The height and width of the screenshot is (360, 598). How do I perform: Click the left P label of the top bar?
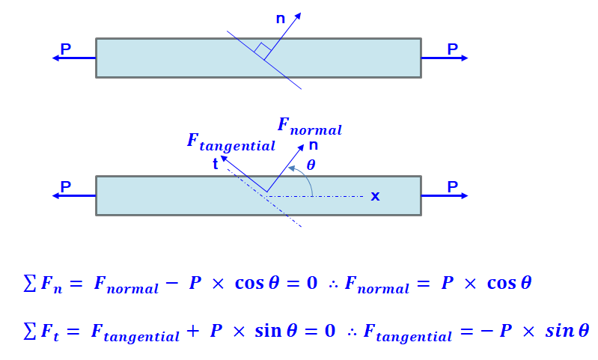66,49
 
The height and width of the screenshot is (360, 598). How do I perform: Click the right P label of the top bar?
452,49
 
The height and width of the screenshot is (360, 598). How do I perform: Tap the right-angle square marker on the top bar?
261,51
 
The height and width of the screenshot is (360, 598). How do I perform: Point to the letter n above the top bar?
280,19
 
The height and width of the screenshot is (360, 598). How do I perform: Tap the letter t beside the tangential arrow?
216,165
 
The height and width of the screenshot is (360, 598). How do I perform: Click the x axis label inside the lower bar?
375,196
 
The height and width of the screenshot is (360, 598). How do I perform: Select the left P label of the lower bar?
66,187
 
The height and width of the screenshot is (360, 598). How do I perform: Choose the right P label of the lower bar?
452,187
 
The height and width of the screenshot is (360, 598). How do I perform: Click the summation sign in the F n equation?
29,284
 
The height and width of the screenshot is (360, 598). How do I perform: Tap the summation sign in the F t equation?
29,330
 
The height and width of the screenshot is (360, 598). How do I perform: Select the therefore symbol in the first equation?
333,285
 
